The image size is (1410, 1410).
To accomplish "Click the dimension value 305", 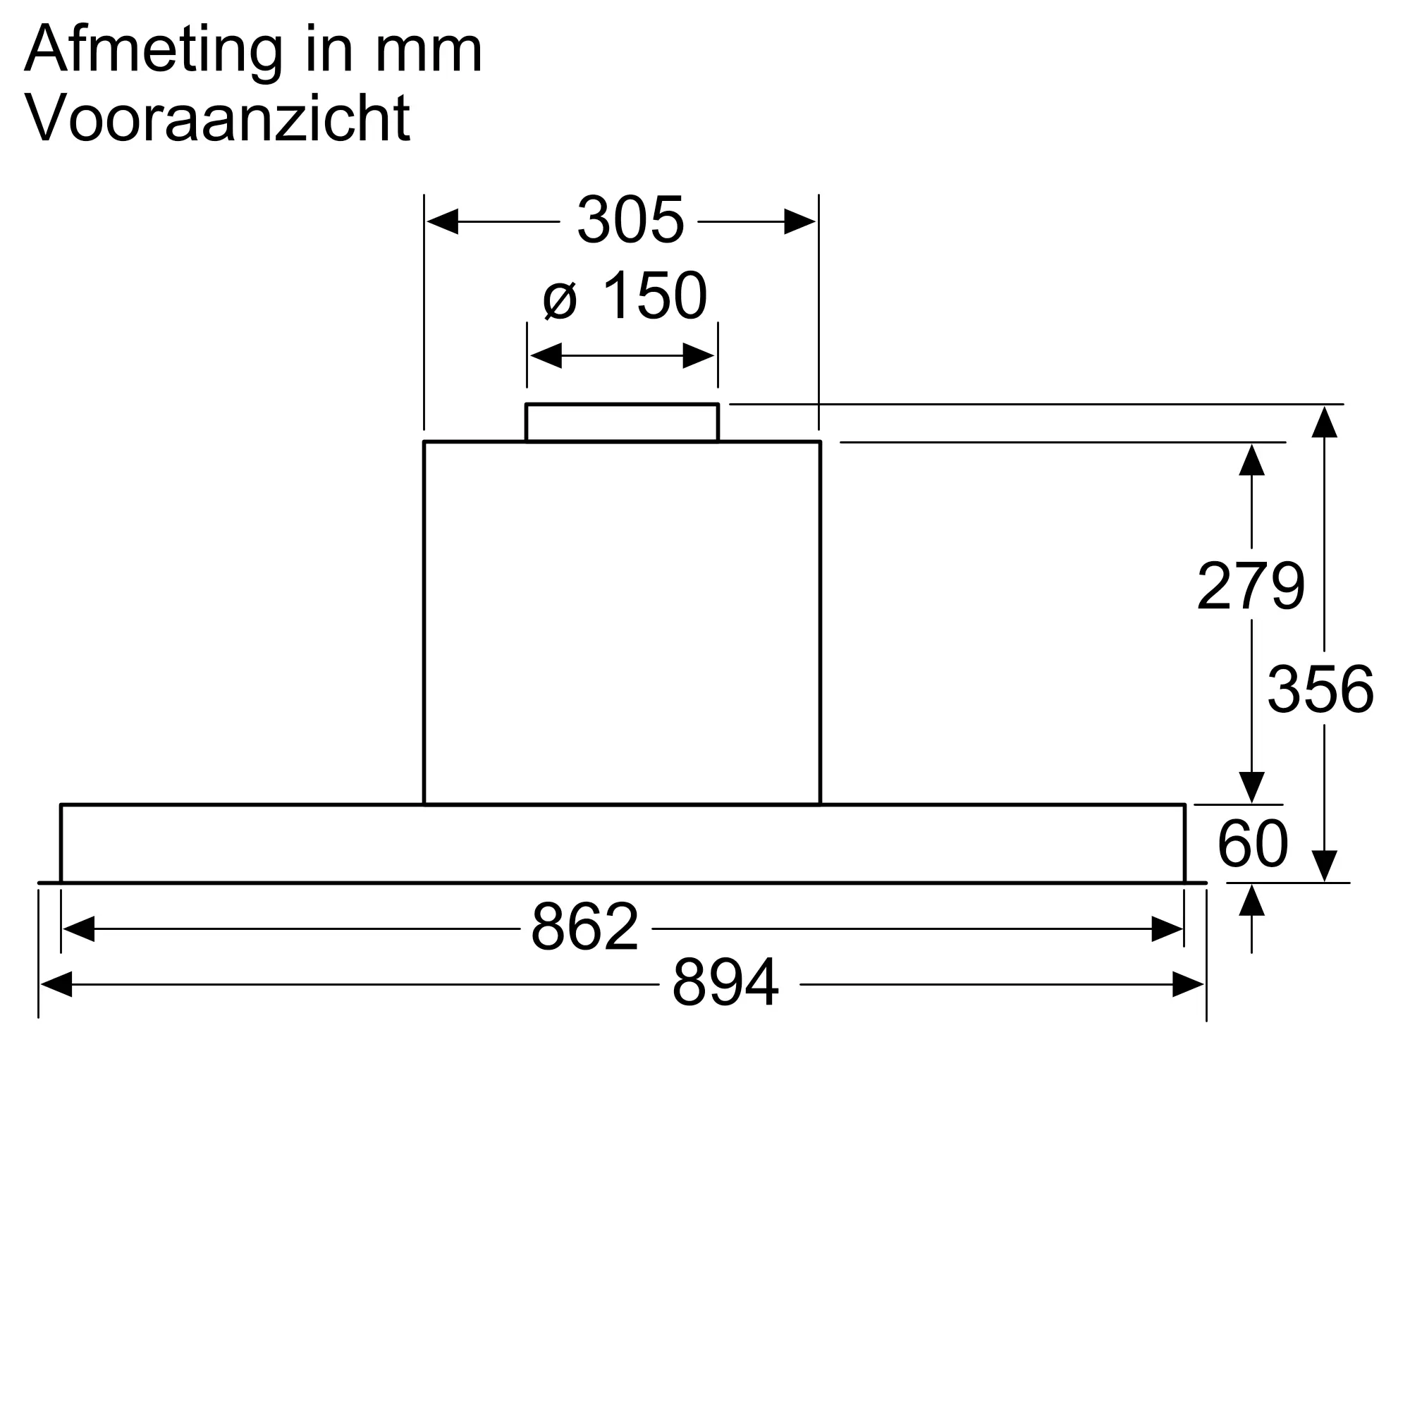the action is coord(630,220).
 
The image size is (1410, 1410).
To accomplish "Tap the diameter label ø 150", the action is coord(625,295).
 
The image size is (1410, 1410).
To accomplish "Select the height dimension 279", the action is coord(1251,585).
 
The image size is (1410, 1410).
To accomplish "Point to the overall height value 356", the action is coord(1320,688).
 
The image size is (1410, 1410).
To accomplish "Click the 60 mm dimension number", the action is coord(1252,843).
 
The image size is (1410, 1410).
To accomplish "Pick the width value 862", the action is coord(584,926).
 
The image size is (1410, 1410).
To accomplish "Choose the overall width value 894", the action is coord(725,981).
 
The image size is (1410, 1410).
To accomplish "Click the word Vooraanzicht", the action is coord(217,117).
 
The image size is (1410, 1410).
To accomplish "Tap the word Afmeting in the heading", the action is coord(153,49).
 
